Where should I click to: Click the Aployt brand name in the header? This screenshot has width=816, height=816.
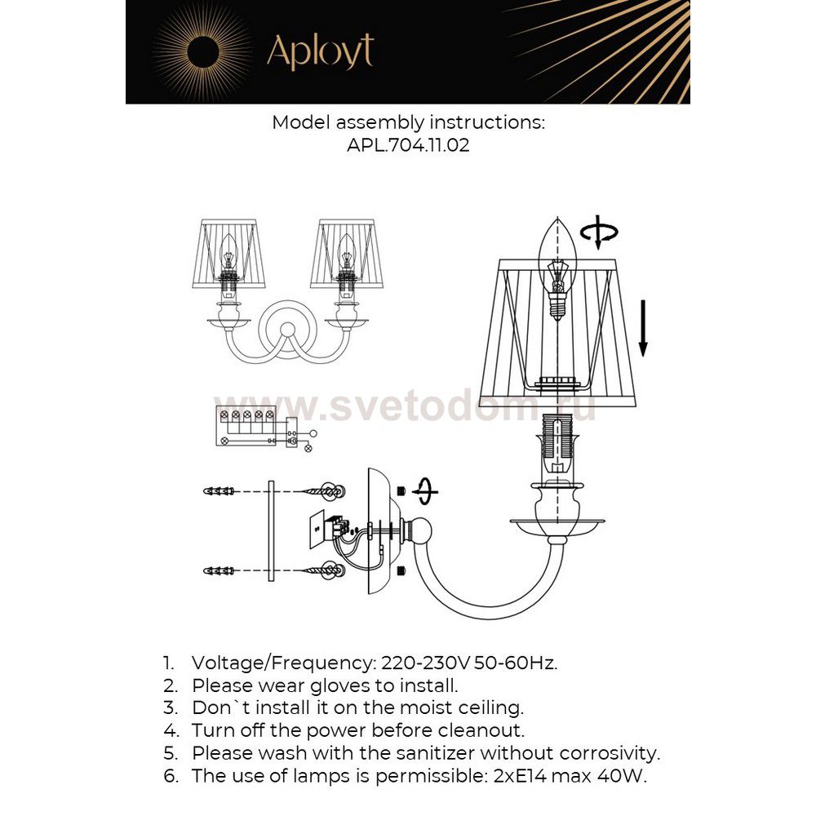pyautogui.click(x=320, y=52)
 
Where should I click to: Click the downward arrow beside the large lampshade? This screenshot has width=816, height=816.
pyautogui.click(x=643, y=326)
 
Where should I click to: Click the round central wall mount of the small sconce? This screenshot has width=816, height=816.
pyautogui.click(x=287, y=330)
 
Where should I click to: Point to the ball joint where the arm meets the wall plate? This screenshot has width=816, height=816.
pyautogui.click(x=421, y=531)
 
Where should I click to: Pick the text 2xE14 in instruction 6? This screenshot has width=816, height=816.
pyautogui.click(x=514, y=776)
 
